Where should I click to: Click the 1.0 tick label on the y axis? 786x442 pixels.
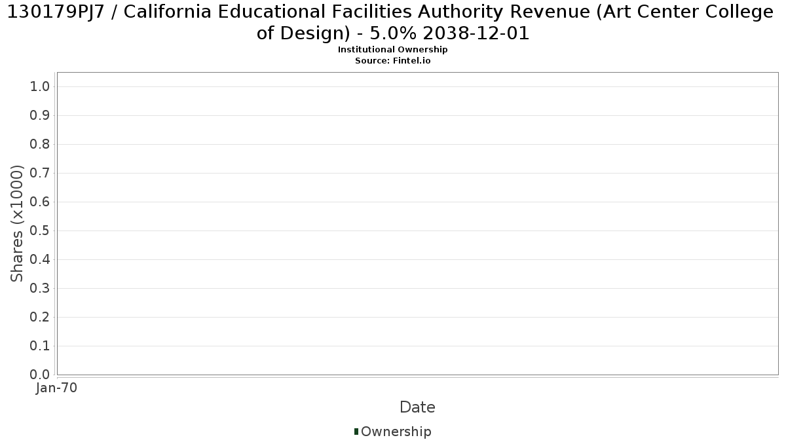click(40, 86)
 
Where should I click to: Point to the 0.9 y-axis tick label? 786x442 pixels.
click(40, 115)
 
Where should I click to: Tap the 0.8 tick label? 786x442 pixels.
click(40, 144)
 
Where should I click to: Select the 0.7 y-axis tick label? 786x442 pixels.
click(40, 173)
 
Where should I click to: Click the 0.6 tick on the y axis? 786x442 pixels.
click(40, 202)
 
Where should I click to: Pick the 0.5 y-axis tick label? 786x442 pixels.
click(40, 230)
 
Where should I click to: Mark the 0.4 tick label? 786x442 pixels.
click(40, 259)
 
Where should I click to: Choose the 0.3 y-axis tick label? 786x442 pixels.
click(40, 288)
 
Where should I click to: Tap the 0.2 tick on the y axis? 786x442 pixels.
click(40, 317)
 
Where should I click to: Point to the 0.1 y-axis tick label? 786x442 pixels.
click(40, 346)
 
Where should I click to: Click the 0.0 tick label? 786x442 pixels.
click(40, 375)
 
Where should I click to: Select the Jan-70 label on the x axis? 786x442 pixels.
click(56, 388)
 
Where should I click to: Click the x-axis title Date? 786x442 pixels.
click(418, 407)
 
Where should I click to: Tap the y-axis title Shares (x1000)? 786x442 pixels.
click(16, 223)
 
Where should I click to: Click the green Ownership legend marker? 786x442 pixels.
click(356, 432)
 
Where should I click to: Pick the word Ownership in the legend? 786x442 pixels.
click(396, 432)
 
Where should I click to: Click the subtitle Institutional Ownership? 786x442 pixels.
click(392, 50)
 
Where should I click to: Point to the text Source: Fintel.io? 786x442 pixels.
click(392, 61)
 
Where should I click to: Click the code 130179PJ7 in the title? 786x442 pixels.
click(56, 12)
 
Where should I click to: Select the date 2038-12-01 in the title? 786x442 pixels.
click(476, 33)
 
